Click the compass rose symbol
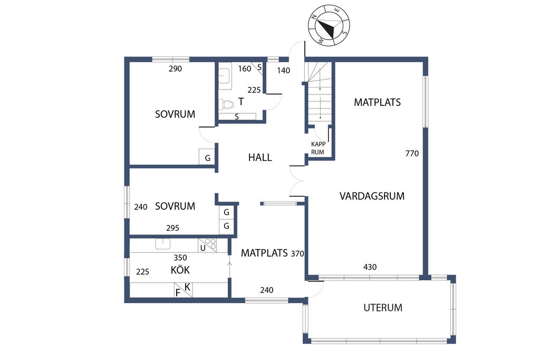pyautogui.click(x=329, y=25)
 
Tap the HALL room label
pyautogui.click(x=260, y=157)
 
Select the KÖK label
pyautogui.click(x=180, y=269)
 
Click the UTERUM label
pyautogui.click(x=383, y=307)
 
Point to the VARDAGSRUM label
pyautogui.click(x=372, y=196)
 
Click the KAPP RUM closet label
pyautogui.click(x=318, y=148)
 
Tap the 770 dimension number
pyautogui.click(x=412, y=153)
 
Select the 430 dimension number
pyautogui.click(x=370, y=267)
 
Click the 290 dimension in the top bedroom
pyautogui.click(x=175, y=69)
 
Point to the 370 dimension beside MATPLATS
pyautogui.click(x=297, y=254)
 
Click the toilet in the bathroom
pyautogui.click(x=226, y=104)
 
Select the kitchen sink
pyautogui.click(x=162, y=244)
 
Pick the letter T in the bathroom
pyautogui.click(x=241, y=102)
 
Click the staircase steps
pyautogui.click(x=320, y=91)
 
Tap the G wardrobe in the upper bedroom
pyautogui.click(x=207, y=157)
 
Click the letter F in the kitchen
pyautogui.click(x=178, y=293)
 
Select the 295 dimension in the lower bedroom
pyautogui.click(x=172, y=228)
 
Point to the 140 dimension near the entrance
pyautogui.click(x=283, y=71)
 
